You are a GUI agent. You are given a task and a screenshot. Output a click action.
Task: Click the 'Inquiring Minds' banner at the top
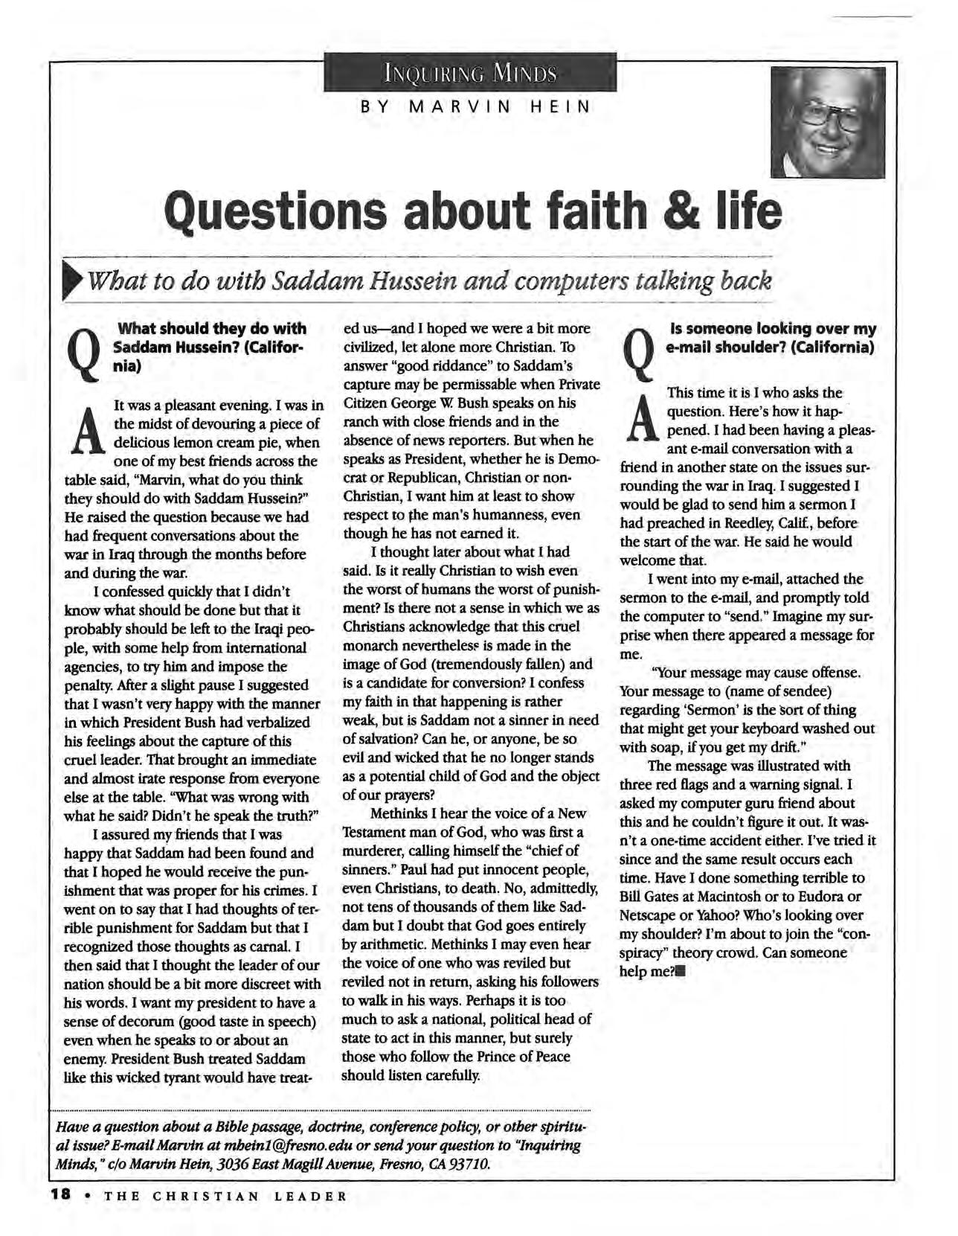[x=470, y=73]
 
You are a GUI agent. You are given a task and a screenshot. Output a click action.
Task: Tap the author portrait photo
[x=828, y=122]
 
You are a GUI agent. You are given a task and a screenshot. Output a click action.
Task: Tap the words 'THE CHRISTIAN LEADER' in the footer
[x=225, y=1197]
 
